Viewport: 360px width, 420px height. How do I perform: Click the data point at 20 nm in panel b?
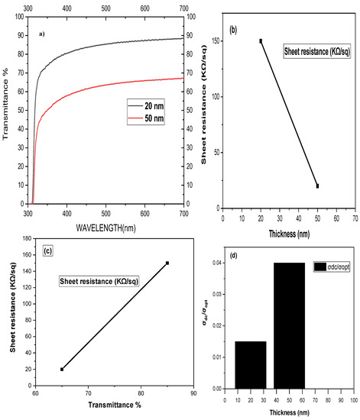261,41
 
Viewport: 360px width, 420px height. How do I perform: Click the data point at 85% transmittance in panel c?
167,263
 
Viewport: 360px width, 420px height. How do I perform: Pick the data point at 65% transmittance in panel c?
62,369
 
